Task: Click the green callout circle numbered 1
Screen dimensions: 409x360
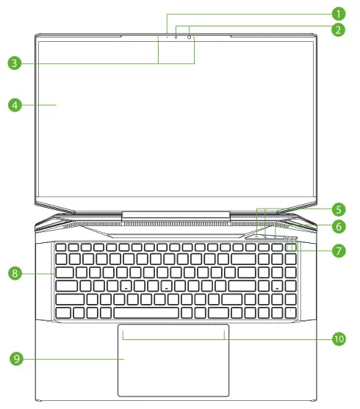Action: click(338, 13)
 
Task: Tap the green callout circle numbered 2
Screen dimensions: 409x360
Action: click(338, 29)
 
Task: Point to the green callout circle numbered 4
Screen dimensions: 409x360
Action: click(14, 104)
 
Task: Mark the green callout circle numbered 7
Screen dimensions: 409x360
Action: click(338, 250)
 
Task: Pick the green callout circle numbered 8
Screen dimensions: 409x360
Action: click(14, 273)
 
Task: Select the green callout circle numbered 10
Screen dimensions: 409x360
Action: click(338, 339)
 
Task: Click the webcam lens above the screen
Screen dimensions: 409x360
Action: click(190, 37)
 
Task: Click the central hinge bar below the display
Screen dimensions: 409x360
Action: click(176, 215)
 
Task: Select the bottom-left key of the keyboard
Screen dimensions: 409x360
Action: click(62, 313)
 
